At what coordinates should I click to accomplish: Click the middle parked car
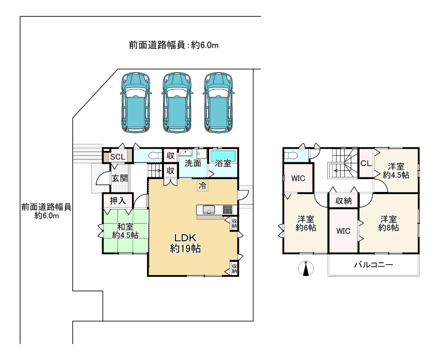(177, 103)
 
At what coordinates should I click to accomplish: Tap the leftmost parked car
(136, 103)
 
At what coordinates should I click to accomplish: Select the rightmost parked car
(219, 103)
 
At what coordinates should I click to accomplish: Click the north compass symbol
(306, 268)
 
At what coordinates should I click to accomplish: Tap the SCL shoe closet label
(117, 157)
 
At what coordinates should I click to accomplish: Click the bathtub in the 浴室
(223, 155)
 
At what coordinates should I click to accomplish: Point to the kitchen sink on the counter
(209, 209)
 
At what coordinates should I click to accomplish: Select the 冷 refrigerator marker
(202, 185)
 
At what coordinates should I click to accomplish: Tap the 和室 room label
(125, 227)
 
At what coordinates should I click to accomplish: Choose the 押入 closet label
(117, 201)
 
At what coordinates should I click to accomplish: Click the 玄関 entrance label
(120, 178)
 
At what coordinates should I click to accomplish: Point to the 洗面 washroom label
(193, 163)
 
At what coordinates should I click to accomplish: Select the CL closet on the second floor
(366, 163)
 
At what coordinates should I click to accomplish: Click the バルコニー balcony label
(374, 264)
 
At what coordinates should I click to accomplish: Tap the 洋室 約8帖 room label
(389, 224)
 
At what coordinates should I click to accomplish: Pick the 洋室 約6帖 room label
(306, 224)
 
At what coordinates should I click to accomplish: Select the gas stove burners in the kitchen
(227, 209)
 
